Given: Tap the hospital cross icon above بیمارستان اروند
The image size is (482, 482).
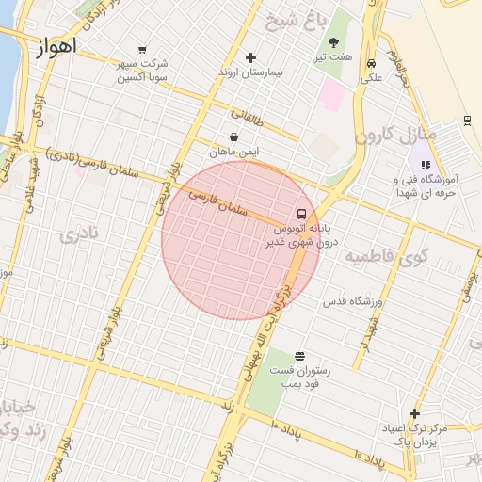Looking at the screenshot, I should pos(249,58).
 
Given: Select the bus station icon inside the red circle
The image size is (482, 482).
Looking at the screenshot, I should pos(301,214).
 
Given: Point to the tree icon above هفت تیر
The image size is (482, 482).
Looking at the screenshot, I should pos(333,42).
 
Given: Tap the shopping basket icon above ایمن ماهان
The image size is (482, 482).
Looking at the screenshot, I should pos(233,137).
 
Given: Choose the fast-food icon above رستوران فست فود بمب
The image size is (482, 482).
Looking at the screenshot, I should pos(299,356).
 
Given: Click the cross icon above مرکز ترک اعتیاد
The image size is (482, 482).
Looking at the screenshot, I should pos(414,413).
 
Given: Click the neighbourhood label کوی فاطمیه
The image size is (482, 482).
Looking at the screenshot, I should pos(386,256).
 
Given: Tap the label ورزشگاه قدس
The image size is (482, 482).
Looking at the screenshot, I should pos(350,302).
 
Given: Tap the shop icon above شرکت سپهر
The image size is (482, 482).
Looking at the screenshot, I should pos(141,50).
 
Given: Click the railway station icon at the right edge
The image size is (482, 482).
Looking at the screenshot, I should pos(467,120).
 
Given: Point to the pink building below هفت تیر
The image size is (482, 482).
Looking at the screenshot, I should pos(332,93).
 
